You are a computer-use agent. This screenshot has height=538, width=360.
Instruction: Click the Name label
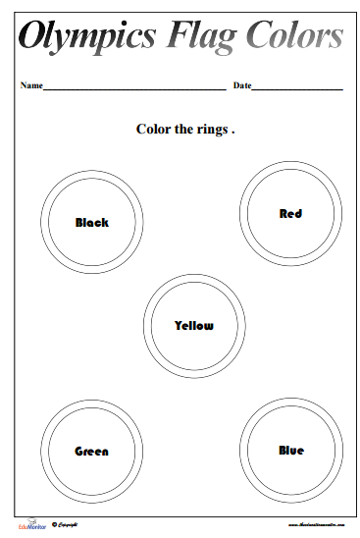(x=31, y=86)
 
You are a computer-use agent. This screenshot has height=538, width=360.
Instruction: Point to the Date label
(x=241, y=86)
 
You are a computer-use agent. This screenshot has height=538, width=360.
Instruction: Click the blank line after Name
(x=134, y=89)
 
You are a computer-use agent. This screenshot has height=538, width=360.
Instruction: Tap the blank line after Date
(x=297, y=89)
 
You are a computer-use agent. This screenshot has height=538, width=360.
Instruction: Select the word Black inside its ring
(x=92, y=223)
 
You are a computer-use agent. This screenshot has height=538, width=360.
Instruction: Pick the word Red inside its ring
(x=290, y=213)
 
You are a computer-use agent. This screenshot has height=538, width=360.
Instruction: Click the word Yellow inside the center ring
(x=193, y=325)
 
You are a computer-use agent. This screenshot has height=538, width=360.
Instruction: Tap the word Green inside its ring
(x=92, y=452)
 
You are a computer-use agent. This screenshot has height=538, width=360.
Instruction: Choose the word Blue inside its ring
(x=290, y=451)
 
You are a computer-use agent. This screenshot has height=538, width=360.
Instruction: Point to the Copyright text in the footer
(x=70, y=525)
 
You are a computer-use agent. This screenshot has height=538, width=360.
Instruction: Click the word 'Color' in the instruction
(x=151, y=129)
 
